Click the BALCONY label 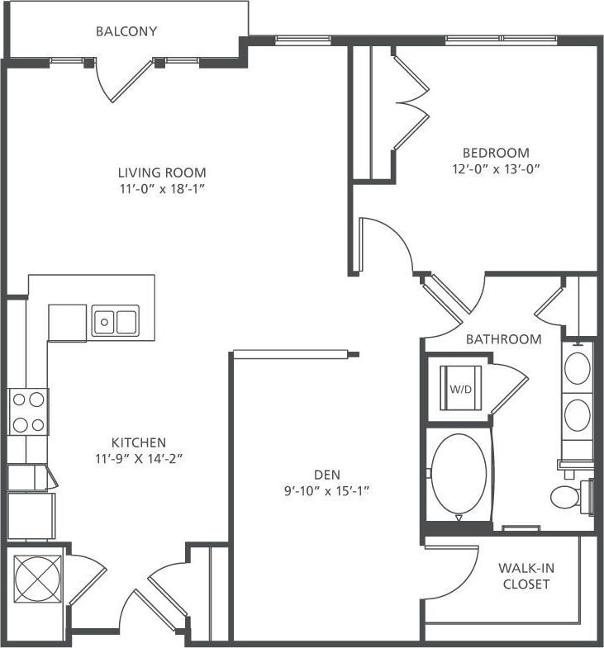pos(126,32)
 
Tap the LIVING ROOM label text pos(161,173)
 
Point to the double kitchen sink pos(116,321)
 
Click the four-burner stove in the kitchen pos(27,412)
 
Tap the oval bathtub pos(459,475)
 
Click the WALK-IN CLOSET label pos(524,576)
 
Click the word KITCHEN pos(139,442)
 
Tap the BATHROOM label pos(503,339)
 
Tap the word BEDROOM pos(495,153)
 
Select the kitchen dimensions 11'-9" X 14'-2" pos(139,458)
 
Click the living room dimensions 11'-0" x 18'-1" pos(161,188)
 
